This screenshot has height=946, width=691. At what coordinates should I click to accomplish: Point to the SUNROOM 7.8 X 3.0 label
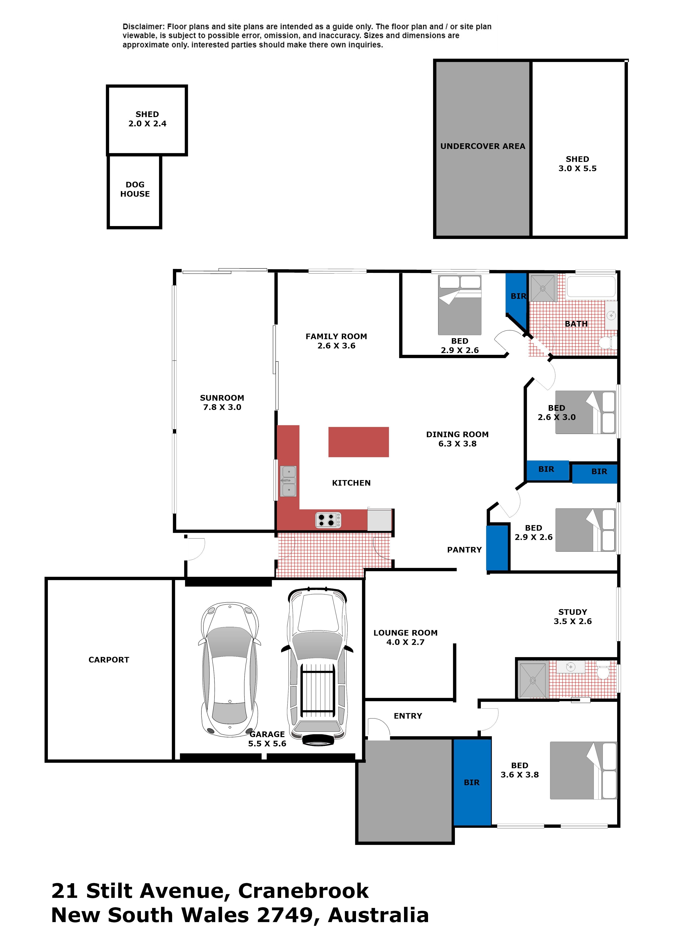pos(222,402)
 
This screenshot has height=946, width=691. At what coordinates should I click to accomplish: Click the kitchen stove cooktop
pos(328,520)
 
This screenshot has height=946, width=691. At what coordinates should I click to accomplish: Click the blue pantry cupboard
pos(497,548)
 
